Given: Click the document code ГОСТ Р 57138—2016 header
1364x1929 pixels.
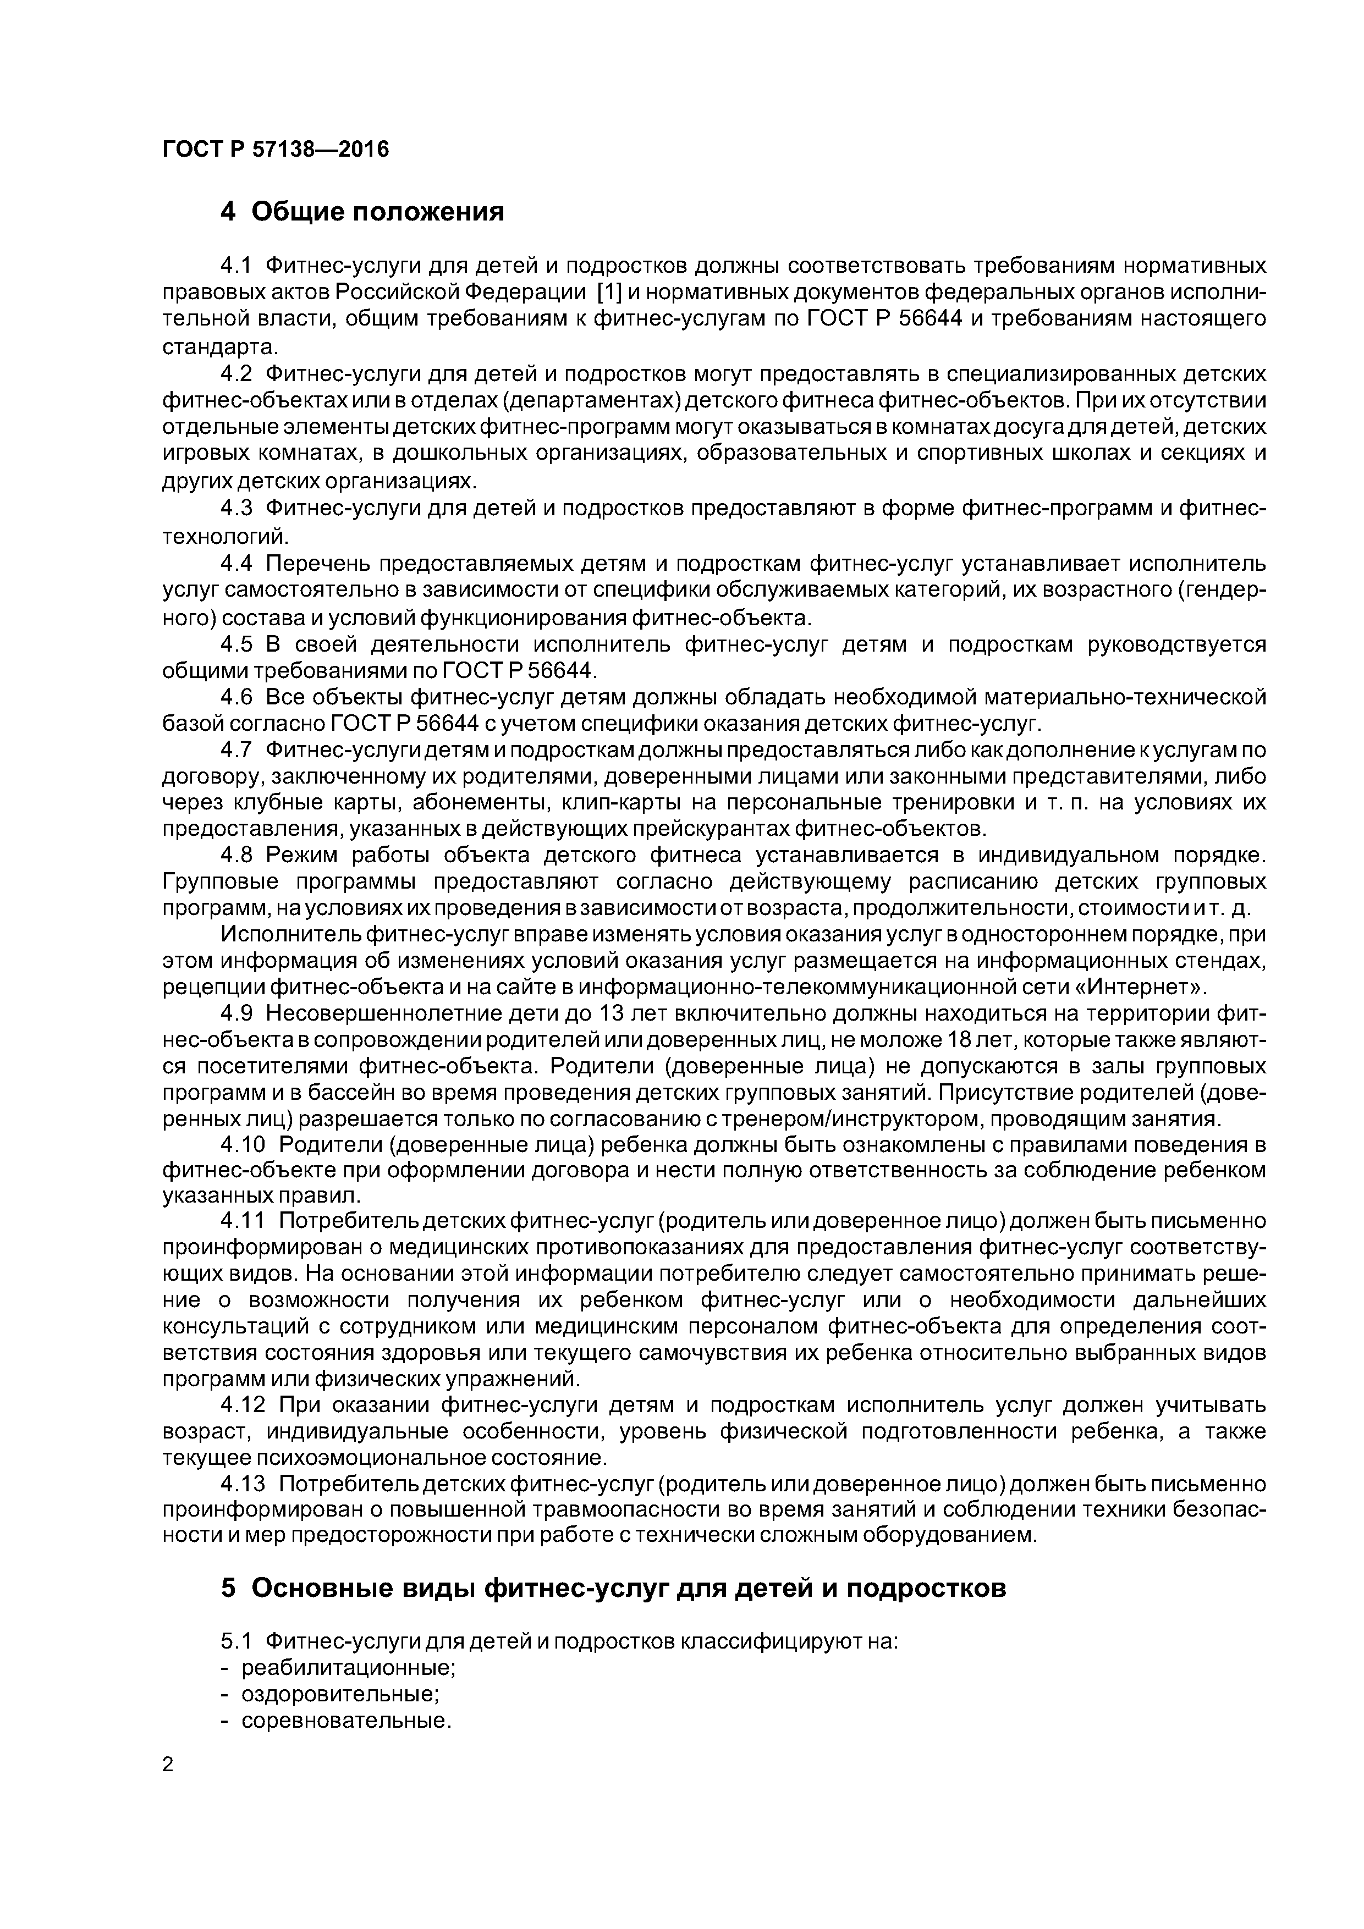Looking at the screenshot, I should coord(276,150).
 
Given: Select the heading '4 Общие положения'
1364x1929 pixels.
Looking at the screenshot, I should coord(362,212).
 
